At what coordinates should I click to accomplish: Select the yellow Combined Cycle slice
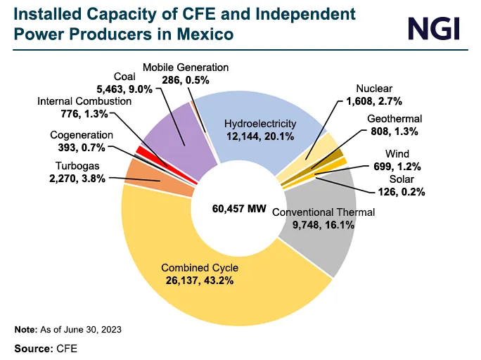coord(211,295)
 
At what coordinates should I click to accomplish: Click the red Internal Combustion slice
coord(141,150)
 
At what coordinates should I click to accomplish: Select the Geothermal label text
coord(394,118)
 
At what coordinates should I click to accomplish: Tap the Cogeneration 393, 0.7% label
coord(82,141)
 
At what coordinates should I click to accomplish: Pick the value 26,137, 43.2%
coord(200,280)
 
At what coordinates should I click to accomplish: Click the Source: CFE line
coord(46,348)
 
